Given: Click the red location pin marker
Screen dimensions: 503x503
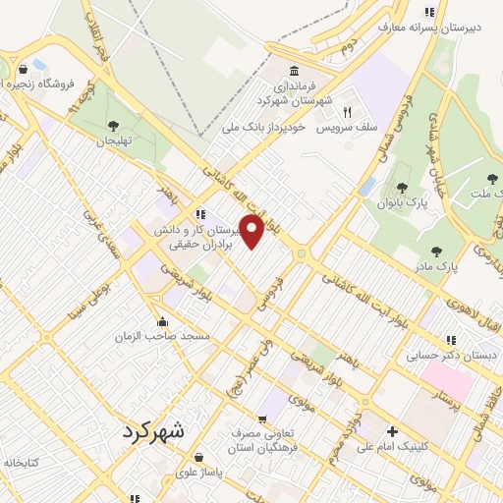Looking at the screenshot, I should (x=251, y=231).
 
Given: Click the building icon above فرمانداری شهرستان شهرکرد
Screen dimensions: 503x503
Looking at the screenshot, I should (x=295, y=71).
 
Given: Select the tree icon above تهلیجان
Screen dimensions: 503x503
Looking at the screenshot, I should (x=115, y=125).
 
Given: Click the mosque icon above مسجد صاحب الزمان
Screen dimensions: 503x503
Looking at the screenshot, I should (x=162, y=321).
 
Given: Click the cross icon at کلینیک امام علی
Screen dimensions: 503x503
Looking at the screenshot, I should (x=392, y=431).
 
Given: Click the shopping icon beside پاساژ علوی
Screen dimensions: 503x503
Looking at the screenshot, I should (x=199, y=457).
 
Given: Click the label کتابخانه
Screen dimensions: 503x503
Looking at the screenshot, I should (x=20, y=461).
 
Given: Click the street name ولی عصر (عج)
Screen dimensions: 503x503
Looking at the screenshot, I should (x=239, y=368).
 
